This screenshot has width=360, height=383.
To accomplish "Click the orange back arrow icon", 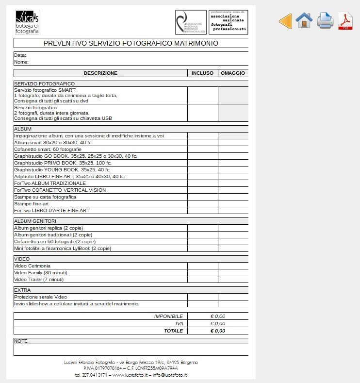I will coord(285,21).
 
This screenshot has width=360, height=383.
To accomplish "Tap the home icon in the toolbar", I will coord(304,20).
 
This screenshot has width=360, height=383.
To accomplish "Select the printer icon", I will coord(325,21).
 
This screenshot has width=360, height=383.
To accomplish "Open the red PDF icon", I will coord(345,21).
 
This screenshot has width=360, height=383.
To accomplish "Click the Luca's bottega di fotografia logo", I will coord(27,22).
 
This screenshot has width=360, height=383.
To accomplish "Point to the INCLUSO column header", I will coord(202,73).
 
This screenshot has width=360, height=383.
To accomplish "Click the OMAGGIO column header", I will coord(233,73).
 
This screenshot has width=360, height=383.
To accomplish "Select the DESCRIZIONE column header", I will coord(100,73).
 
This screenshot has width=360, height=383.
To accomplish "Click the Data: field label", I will coord(20,55).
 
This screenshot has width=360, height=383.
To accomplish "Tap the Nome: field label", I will coord(21,62).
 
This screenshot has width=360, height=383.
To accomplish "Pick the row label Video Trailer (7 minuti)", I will coord(39,280).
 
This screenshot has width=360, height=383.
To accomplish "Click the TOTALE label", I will coord(173,331).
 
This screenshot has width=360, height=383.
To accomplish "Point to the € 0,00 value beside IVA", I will coord(218,324).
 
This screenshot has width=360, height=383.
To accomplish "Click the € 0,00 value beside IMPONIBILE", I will coord(218,316).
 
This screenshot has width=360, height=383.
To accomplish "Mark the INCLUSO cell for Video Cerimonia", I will coord(202,266).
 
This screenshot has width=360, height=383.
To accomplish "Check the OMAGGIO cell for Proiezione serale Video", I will coord(233,297).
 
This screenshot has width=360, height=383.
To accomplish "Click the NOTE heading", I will coord(21,341).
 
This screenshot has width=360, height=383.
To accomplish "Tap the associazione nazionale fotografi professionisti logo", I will coord(228,22).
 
